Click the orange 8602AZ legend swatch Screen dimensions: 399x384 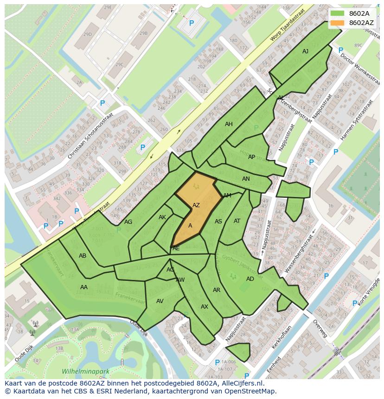click(x=338, y=23)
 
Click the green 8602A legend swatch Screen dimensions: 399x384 click(x=338, y=13)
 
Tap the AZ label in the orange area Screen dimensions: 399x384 click(x=196, y=205)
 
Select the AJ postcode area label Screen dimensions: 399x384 click(x=305, y=51)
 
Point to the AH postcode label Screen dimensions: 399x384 click(x=229, y=124)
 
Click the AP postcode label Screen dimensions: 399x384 click(x=251, y=157)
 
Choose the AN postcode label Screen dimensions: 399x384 click(x=246, y=179)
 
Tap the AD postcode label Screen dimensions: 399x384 click(x=250, y=279)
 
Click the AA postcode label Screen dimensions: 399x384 click(x=84, y=287)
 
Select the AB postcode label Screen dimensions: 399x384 click(x=83, y=256)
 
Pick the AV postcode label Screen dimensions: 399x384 click(x=160, y=301)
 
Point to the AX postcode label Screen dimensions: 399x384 click(x=205, y=307)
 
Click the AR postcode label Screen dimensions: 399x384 click(x=217, y=290)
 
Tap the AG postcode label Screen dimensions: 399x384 click(x=128, y=222)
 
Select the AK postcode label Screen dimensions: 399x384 click(x=162, y=217)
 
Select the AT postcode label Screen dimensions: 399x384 click(x=237, y=221)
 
